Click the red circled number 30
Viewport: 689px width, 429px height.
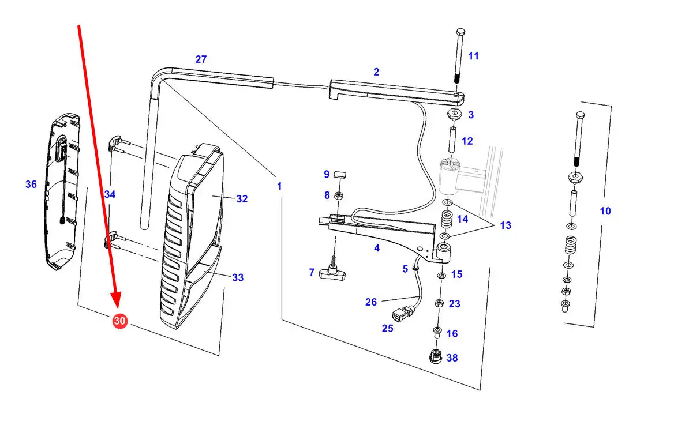click(119, 321)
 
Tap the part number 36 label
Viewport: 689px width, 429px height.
click(31, 185)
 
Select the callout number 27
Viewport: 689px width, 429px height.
click(201, 59)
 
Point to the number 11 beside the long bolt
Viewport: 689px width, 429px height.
click(473, 56)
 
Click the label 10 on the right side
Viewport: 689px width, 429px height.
click(605, 211)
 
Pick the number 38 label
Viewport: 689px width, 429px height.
click(452, 358)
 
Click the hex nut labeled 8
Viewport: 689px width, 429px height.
click(339, 195)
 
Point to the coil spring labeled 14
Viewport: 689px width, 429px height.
click(447, 219)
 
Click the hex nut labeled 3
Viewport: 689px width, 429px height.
click(454, 115)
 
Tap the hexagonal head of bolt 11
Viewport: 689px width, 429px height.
click(460, 32)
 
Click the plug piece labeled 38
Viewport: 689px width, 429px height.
click(436, 356)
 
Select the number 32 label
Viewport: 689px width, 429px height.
click(242, 199)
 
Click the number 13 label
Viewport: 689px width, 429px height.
click(505, 225)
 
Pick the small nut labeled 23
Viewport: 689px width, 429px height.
click(439, 303)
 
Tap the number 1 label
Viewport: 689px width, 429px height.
click(279, 186)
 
